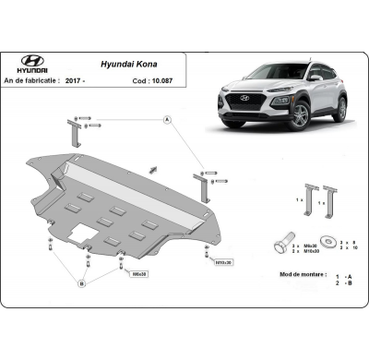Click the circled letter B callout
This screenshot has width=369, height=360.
(x=82, y=284)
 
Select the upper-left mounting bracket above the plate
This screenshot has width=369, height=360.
(x=74, y=130)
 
